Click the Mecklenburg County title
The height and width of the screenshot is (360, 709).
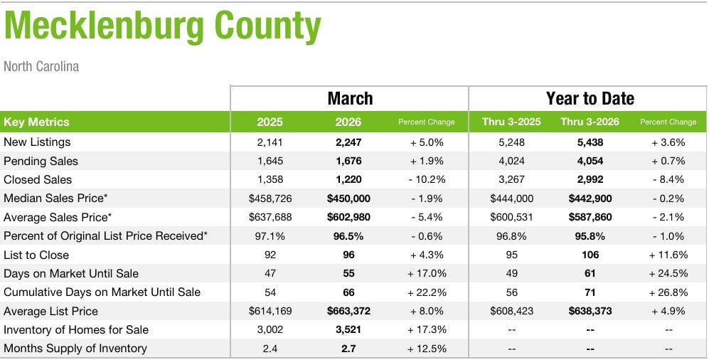point(163,28)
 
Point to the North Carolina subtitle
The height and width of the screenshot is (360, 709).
point(41,67)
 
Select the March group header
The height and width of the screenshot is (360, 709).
point(350,98)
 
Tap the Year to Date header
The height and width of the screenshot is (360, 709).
point(590,98)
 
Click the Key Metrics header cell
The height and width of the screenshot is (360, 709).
point(36,122)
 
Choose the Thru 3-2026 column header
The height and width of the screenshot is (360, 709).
point(590,122)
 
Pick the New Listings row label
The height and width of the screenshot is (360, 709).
point(37,142)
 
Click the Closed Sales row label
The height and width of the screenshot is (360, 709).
point(38,180)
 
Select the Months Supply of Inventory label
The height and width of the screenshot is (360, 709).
point(75,349)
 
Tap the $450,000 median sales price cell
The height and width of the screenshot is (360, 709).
point(348,198)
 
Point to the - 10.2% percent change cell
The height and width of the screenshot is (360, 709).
point(427,180)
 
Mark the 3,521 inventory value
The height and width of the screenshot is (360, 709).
point(348,330)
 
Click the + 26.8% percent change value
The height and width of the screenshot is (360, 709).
point(668,292)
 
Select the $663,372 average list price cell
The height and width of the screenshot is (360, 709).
point(348,311)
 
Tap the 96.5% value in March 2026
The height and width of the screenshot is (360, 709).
point(348,236)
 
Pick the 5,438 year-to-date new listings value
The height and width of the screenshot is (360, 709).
point(590,142)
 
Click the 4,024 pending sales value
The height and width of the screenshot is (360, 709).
point(511,162)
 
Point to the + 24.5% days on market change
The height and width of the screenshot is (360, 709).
point(668,274)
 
